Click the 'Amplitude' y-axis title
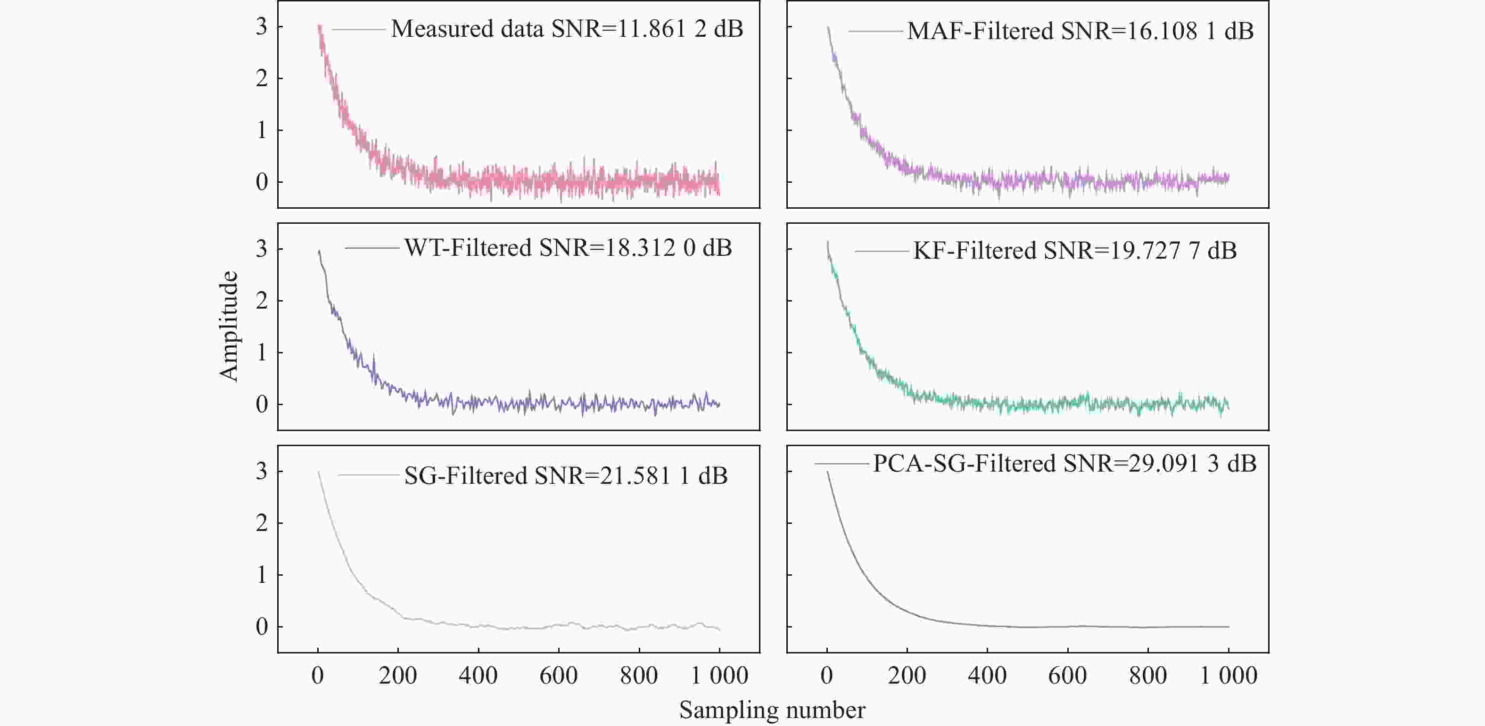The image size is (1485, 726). [229, 326]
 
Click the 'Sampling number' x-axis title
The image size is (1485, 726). [772, 710]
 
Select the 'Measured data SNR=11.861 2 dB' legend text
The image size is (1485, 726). [567, 29]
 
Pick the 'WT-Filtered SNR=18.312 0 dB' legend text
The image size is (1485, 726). [568, 248]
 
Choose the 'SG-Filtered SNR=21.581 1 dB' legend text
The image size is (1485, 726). [566, 476]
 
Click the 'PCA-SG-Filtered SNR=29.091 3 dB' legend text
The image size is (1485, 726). [1064, 463]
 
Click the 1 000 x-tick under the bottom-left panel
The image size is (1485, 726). [719, 675]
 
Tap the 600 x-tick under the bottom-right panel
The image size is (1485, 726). [1068, 675]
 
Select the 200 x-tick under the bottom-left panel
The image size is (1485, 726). [398, 675]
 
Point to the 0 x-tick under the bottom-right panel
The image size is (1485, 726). [827, 675]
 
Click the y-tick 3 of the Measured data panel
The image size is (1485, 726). [262, 26]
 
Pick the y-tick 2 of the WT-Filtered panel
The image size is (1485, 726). [262, 301]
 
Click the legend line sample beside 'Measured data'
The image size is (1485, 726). [359, 29]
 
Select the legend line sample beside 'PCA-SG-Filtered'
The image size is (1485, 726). [841, 463]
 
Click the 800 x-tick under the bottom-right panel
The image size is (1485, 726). [1148, 675]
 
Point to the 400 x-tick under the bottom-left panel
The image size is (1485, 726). [478, 675]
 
